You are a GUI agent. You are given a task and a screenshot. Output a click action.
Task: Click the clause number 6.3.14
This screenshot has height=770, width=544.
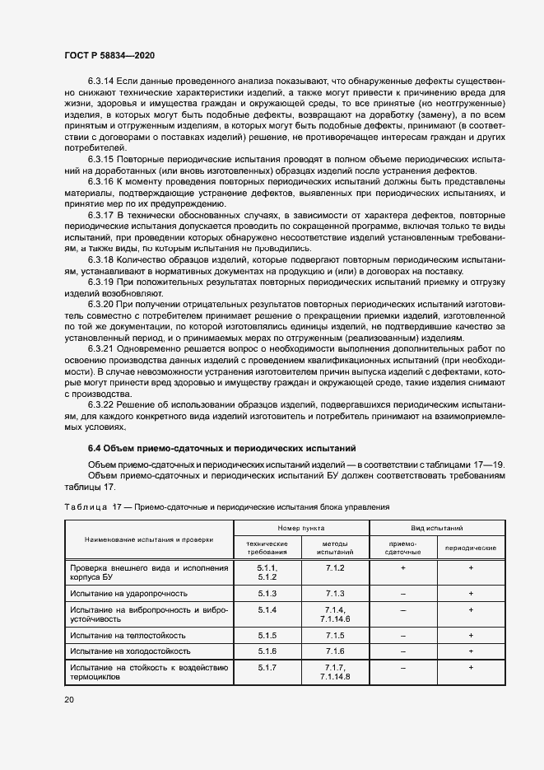point(101,81)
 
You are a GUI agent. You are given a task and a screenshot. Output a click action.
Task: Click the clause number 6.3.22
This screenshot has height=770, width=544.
point(101,405)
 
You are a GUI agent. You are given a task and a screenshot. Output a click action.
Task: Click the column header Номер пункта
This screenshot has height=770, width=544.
point(300,526)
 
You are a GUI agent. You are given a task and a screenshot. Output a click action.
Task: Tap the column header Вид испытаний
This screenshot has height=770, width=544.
point(437,526)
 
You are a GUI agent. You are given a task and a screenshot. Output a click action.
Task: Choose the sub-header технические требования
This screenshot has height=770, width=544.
point(267,548)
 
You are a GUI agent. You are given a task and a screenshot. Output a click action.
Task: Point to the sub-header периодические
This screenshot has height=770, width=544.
point(470,548)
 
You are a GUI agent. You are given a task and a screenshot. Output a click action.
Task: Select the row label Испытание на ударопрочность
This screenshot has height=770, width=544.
point(129,592)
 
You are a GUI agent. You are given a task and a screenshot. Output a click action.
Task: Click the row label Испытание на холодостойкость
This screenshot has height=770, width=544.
point(131,651)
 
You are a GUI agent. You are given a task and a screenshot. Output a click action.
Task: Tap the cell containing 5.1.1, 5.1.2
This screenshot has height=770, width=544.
point(267,572)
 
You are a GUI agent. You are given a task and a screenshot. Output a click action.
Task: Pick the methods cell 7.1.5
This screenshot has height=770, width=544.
point(334,636)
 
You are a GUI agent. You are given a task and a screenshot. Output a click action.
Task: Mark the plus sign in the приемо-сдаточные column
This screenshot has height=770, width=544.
point(402,567)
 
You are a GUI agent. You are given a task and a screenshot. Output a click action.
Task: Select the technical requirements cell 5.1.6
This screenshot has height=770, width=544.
point(267,651)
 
